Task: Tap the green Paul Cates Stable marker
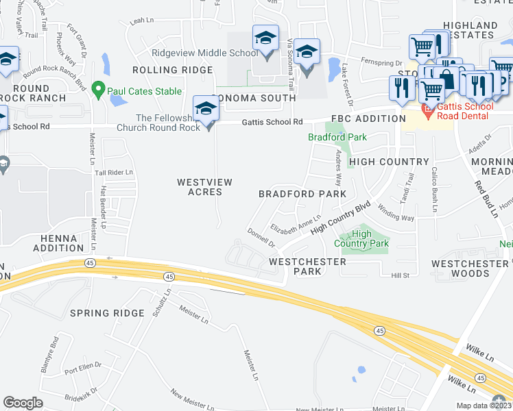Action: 98,90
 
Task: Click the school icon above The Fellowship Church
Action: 205,109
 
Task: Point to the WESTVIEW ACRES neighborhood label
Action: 204,187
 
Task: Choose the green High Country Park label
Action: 361,238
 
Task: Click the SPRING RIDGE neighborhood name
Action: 107,313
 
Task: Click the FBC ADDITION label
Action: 369,119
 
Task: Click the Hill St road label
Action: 400,275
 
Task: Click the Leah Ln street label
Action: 141,21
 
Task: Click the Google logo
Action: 23,403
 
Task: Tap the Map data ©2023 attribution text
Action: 484,406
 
